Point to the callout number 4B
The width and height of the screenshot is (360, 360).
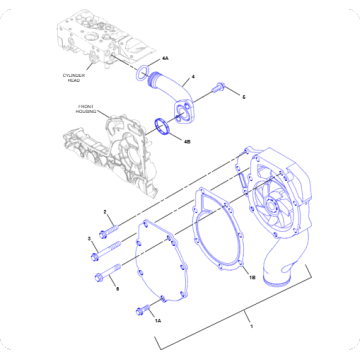click(187, 141)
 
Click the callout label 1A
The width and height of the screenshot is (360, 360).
click(158, 320)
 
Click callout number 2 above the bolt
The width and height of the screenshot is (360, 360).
click(104, 212)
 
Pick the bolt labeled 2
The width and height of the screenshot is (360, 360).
click(111, 227)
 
